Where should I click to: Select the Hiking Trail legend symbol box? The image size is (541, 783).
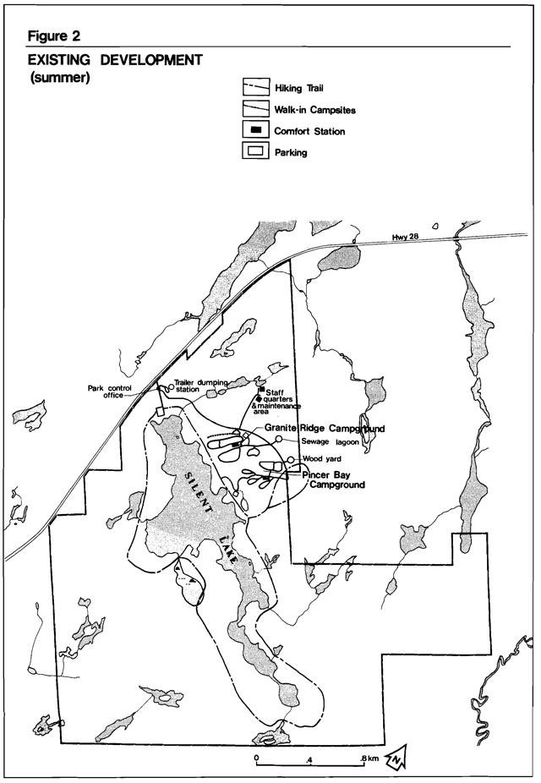255,88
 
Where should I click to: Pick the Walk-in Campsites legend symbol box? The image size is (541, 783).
255,109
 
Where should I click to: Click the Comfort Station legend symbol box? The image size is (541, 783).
255,131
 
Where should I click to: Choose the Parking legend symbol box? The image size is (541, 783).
255,152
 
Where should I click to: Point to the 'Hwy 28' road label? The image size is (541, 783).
406,236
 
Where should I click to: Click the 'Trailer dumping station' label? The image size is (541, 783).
203,386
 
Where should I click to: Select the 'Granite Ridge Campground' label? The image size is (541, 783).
325,429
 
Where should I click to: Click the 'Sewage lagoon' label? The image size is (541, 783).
331,441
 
